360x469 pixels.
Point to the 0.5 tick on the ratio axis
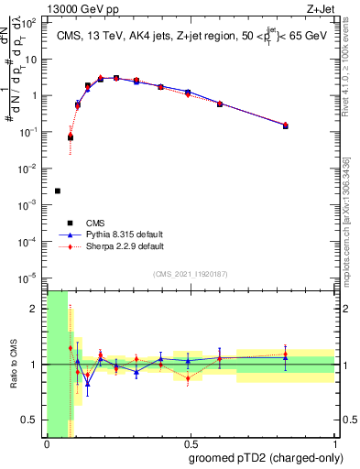click(x=30, y=420)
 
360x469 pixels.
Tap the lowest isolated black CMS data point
click(x=58, y=191)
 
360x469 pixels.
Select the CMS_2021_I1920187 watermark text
click(x=190, y=273)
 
